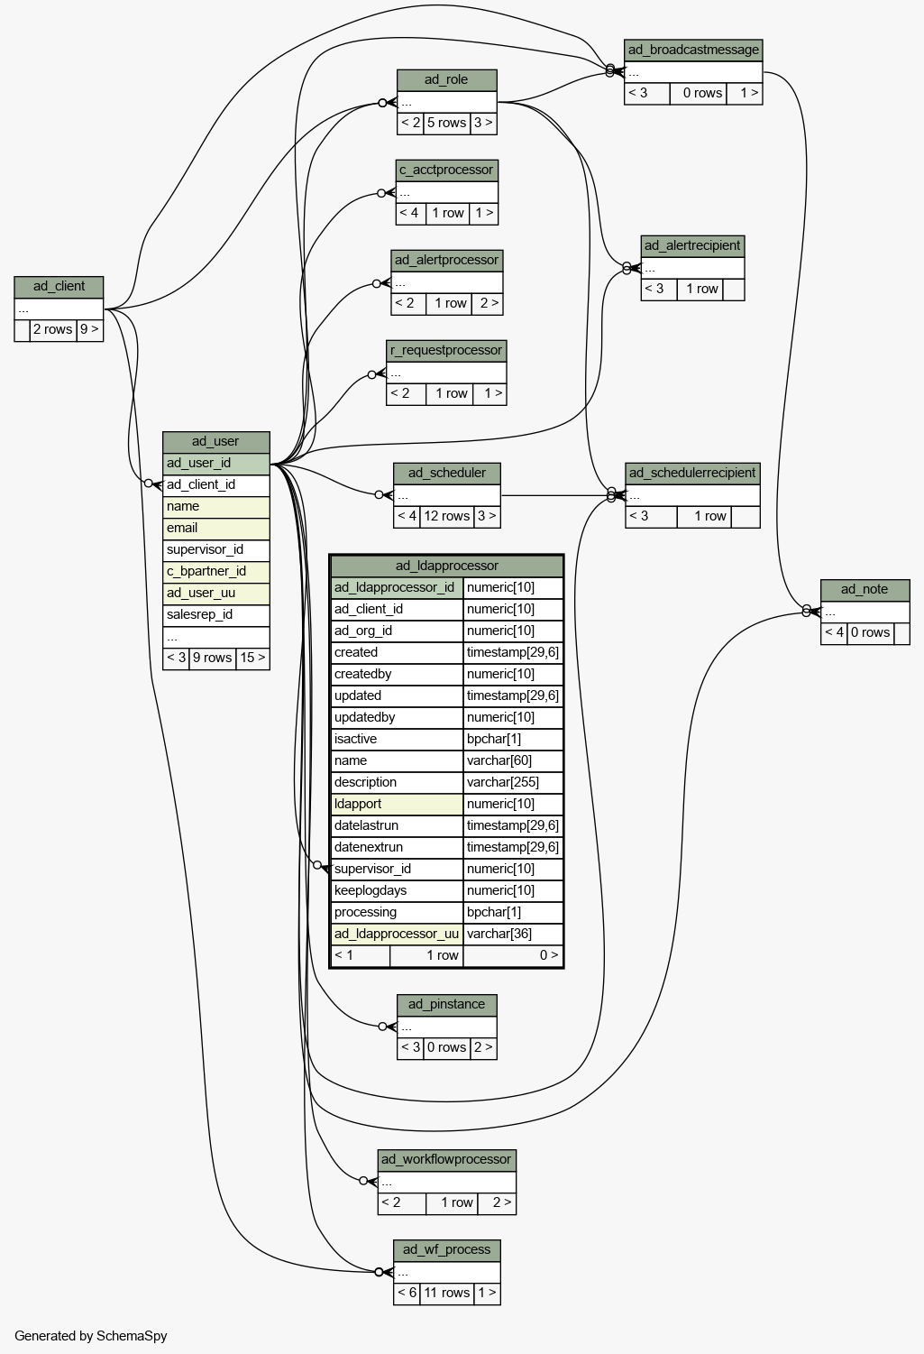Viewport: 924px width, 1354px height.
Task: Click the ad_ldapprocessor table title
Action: [x=446, y=566]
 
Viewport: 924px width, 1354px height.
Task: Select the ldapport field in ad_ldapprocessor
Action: [x=397, y=804]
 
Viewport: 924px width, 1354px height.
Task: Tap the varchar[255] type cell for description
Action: [x=513, y=782]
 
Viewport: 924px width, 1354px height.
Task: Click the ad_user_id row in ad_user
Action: [x=215, y=464]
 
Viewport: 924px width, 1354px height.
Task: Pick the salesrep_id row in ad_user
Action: [x=215, y=614]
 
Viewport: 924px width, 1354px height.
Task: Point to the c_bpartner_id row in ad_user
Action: [x=215, y=572]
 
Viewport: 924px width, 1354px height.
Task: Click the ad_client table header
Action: [x=59, y=287]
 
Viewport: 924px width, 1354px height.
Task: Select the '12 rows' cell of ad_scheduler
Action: [x=446, y=516]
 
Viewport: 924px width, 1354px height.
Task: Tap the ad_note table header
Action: [x=865, y=590]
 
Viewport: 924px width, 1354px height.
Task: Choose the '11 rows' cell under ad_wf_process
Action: [x=446, y=1293]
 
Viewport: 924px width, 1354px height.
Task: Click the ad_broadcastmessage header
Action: [x=693, y=51]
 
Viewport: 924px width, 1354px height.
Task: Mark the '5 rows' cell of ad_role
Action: [x=446, y=124]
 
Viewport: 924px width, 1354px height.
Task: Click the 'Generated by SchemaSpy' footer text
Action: [x=90, y=1336]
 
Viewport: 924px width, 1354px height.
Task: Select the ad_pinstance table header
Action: [x=447, y=1005]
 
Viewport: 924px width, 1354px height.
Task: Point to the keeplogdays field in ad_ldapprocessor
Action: [x=397, y=890]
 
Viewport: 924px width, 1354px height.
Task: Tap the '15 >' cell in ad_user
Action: [x=252, y=658]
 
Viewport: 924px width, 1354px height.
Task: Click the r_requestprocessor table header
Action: [x=446, y=351]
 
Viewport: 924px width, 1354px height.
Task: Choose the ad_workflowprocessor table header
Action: [x=447, y=1159]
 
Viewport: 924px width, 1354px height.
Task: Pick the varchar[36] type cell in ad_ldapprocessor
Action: [x=513, y=934]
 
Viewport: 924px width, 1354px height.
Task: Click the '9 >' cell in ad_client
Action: [x=90, y=330]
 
